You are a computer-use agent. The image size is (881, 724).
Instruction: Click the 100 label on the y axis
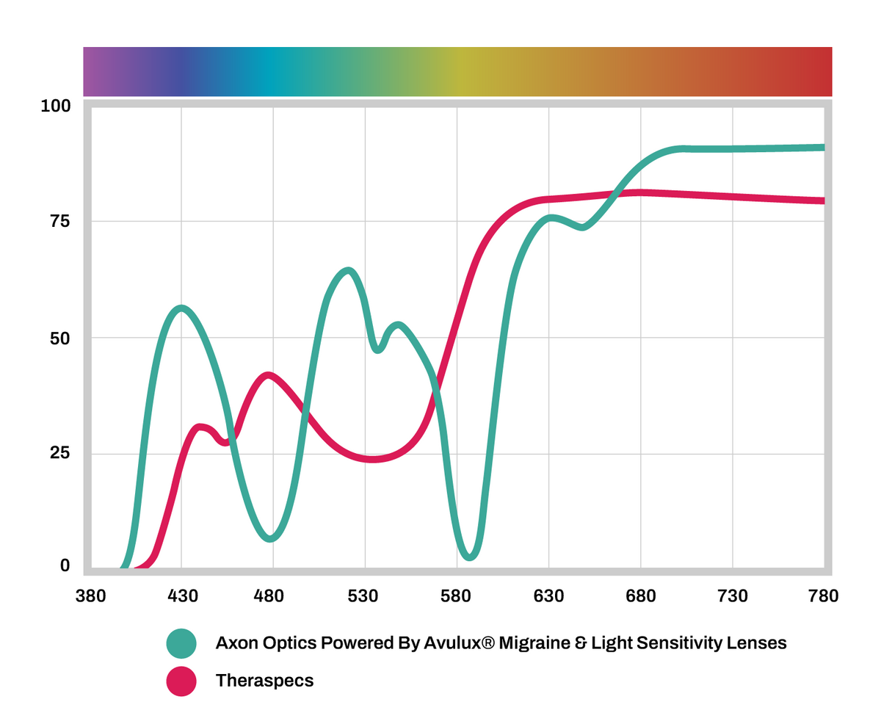[x=56, y=106]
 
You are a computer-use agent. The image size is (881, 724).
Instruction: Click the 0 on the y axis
[x=65, y=565]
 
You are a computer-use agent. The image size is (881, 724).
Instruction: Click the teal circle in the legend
[x=181, y=643]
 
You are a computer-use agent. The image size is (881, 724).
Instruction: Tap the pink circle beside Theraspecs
[x=181, y=681]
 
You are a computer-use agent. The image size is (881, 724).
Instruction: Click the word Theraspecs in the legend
[x=264, y=681]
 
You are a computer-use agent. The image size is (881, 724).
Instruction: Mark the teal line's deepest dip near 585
[x=471, y=556]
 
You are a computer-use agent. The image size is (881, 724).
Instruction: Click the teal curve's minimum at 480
[x=272, y=537]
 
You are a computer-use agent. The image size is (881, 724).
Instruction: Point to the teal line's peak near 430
[x=181, y=308]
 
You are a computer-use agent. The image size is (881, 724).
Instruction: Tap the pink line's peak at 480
[x=269, y=376]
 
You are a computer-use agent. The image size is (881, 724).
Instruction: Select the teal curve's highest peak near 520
[x=349, y=271]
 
